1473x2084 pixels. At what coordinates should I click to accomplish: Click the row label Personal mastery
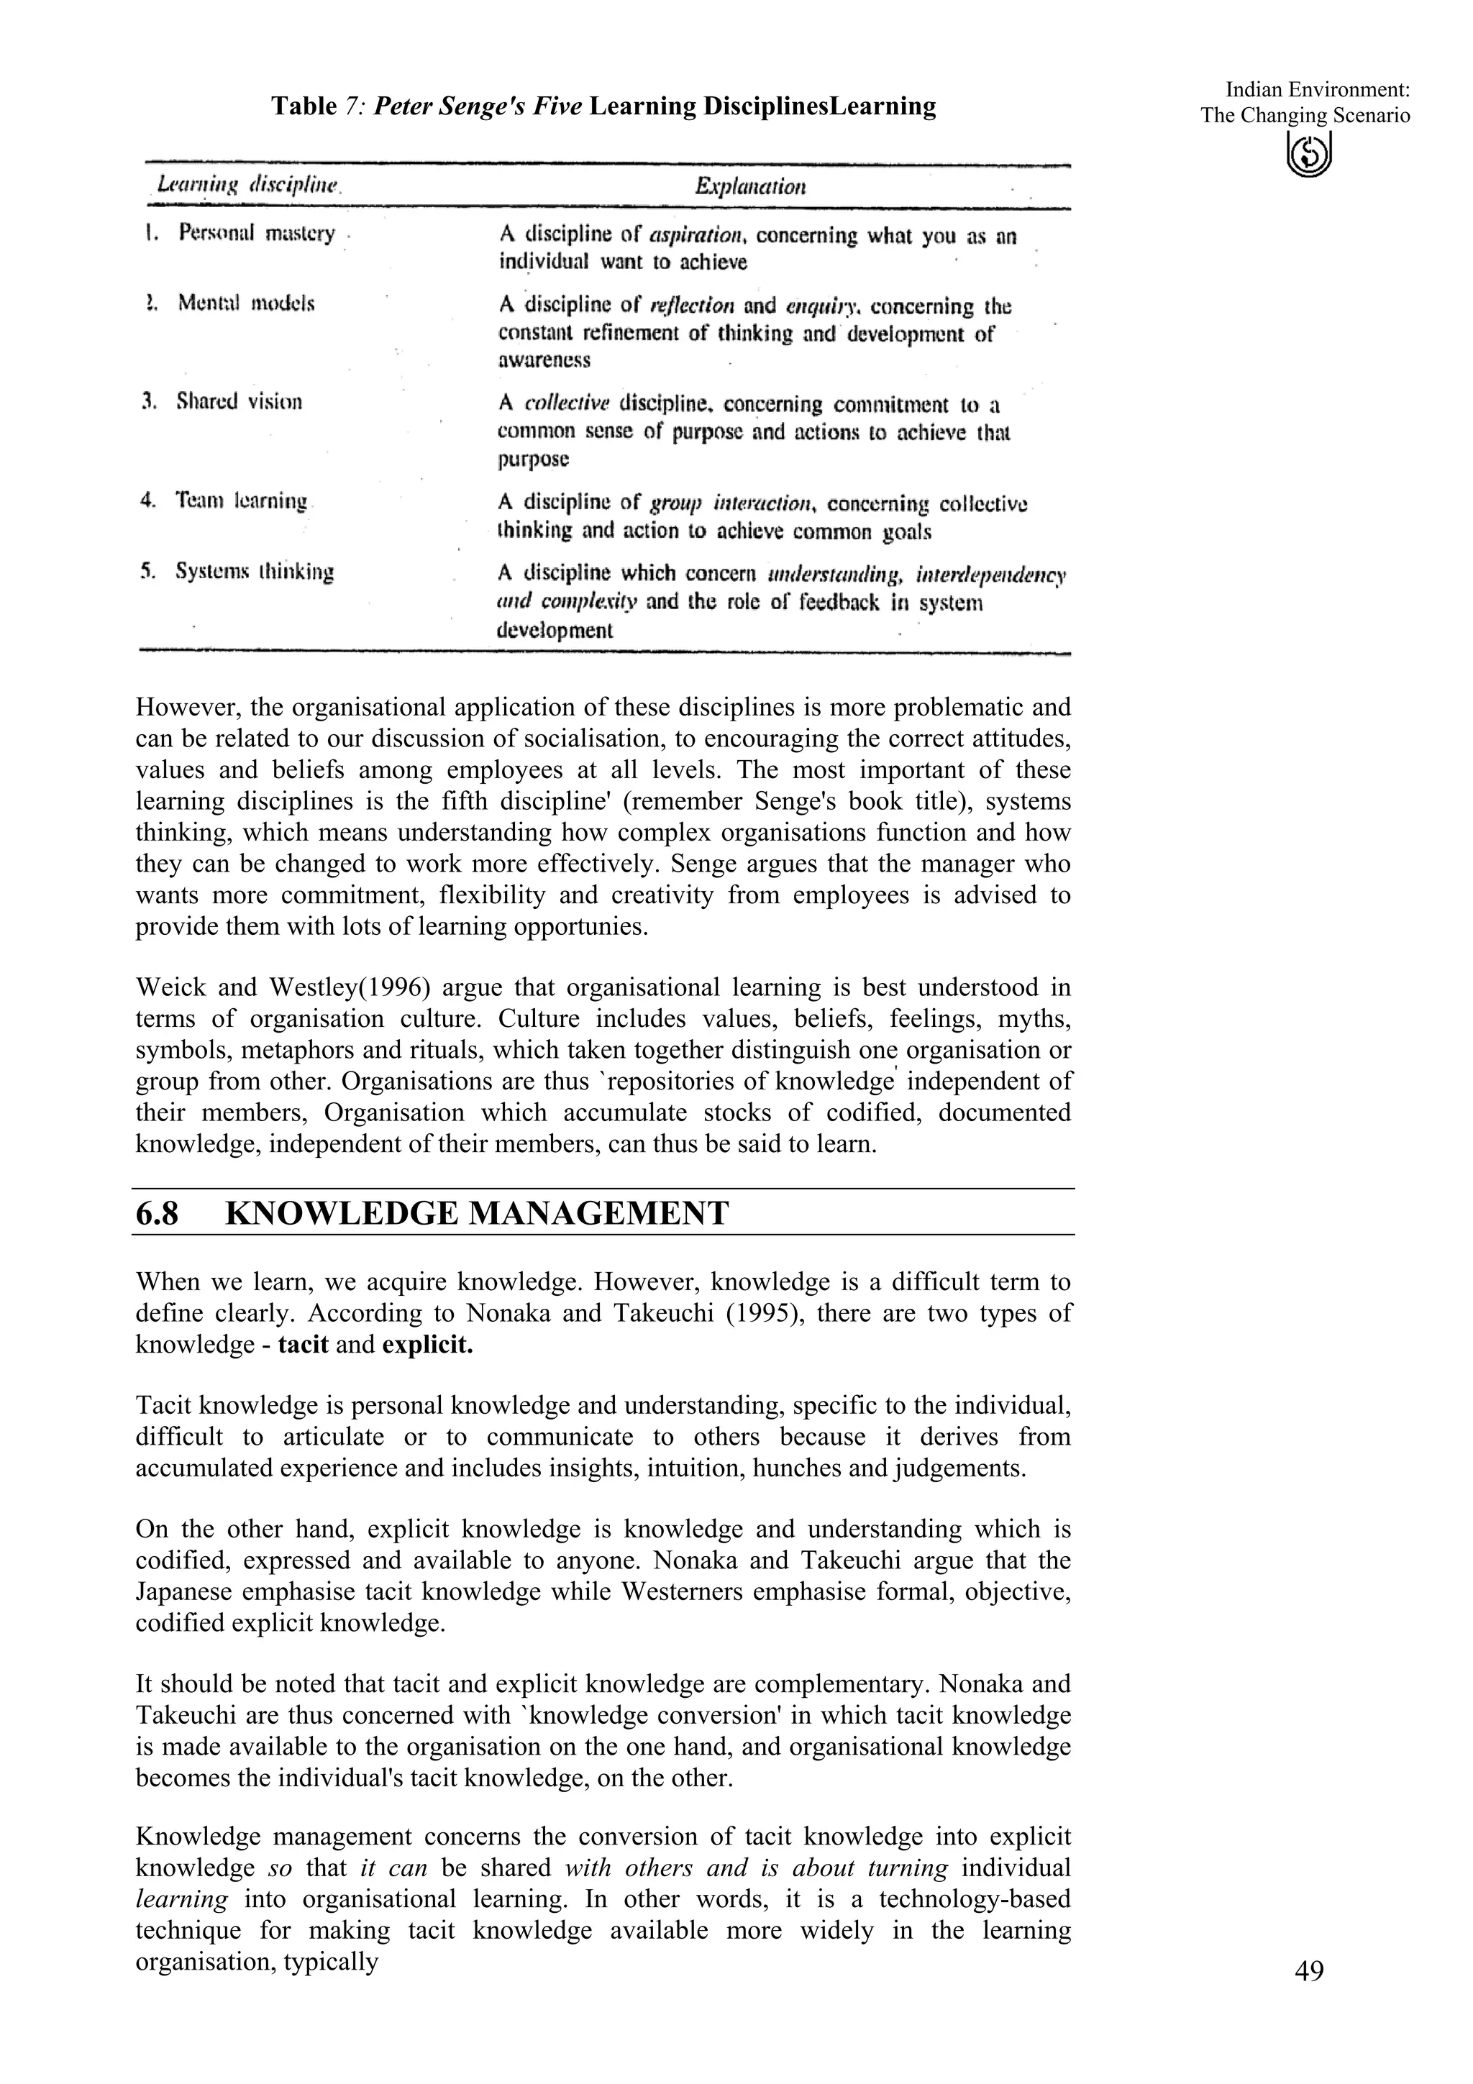pos(257,233)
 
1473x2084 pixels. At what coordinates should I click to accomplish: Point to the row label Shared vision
pos(240,401)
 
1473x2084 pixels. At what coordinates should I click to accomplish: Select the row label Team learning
pos(242,500)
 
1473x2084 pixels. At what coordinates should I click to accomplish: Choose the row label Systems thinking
pos(255,572)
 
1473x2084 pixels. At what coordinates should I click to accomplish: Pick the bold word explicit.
pos(427,1344)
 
